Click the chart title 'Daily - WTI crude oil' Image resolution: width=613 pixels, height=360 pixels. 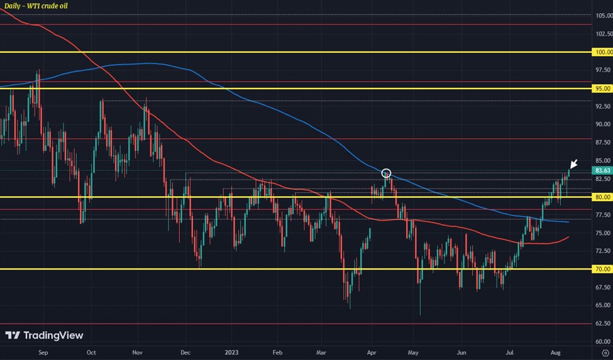35,6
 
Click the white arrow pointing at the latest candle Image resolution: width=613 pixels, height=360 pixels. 573,165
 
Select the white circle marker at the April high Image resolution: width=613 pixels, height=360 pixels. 387,173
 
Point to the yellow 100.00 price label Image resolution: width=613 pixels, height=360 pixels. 602,52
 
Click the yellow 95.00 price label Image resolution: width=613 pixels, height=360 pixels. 602,89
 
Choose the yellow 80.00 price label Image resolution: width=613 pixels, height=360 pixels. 602,197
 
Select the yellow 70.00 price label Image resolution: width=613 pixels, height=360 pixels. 602,269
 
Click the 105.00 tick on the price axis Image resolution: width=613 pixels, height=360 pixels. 602,16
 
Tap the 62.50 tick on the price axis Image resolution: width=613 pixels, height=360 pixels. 602,324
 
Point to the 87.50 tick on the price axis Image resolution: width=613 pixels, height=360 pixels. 602,143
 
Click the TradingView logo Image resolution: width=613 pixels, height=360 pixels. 44,335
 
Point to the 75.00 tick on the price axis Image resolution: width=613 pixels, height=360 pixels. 602,232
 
